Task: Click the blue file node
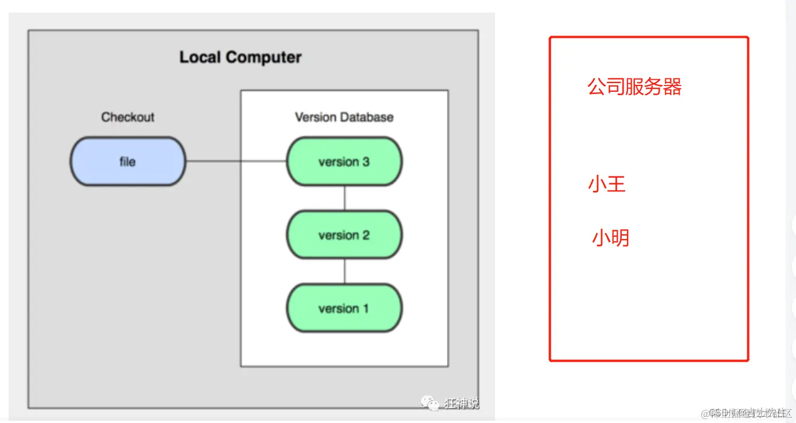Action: pos(128,161)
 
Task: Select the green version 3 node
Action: pos(344,161)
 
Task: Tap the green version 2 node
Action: pos(344,234)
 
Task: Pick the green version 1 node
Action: pos(344,308)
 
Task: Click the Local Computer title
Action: pos(240,57)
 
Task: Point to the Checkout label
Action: pos(128,117)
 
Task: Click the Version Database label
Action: pos(344,117)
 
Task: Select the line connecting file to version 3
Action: pos(236,161)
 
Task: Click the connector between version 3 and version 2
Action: pos(344,198)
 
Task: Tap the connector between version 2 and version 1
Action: pos(344,271)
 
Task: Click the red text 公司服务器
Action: pos(634,87)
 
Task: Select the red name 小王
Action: pos(606,185)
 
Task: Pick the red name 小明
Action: pos(610,237)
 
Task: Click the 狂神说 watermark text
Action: pos(461,403)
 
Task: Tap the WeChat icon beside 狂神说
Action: pos(430,403)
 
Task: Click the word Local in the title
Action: pos(200,57)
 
